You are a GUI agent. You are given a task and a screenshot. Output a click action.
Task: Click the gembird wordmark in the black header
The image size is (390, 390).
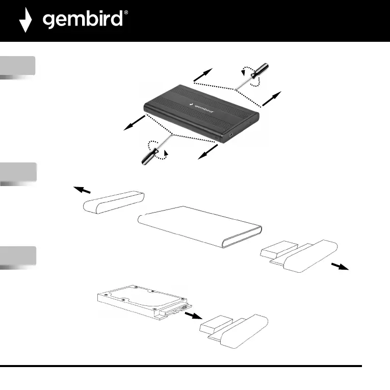[82, 21]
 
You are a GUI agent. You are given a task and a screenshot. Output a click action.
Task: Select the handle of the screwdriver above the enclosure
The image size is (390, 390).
[261, 72]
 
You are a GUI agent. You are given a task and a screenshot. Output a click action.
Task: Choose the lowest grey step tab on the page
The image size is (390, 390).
[18, 256]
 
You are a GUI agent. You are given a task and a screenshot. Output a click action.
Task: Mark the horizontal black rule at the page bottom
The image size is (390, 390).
[181, 366]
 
